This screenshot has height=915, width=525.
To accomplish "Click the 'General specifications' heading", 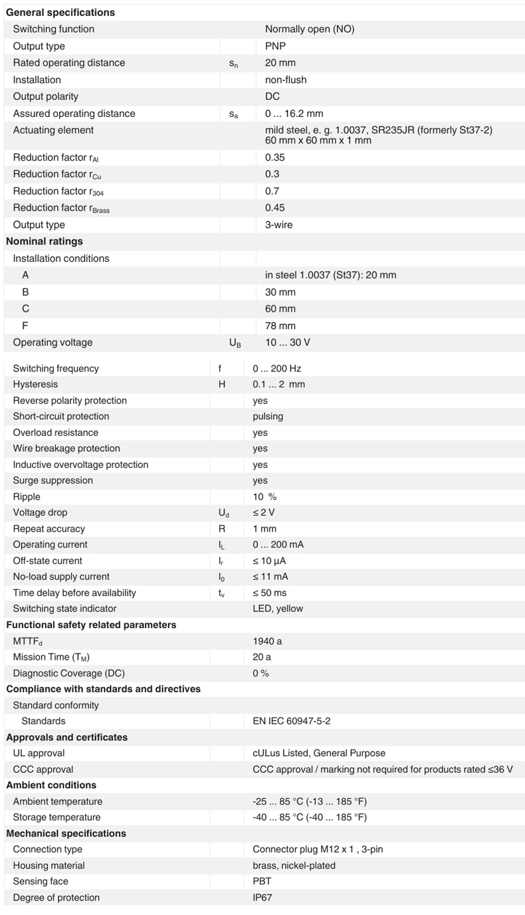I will [x=60, y=13].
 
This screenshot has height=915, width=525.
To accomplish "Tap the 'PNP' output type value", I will [x=275, y=47].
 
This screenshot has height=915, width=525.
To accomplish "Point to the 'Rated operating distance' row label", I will [x=69, y=63].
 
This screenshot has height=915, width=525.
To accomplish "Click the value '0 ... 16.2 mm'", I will [x=294, y=114].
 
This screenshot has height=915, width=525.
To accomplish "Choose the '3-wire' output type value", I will [x=278, y=225].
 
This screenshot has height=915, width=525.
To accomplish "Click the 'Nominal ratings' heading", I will [x=45, y=241].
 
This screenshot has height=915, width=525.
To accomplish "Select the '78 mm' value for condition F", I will [x=280, y=326].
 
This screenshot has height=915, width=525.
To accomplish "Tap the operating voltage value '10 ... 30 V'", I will [x=288, y=343].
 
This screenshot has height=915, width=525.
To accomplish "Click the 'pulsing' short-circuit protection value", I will [x=268, y=417].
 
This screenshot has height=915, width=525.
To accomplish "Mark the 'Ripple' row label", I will [x=27, y=496].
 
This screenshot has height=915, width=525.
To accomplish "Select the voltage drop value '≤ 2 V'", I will [x=264, y=512].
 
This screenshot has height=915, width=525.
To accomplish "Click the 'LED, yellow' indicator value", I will [x=278, y=609].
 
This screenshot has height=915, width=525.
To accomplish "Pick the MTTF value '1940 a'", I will [x=267, y=641].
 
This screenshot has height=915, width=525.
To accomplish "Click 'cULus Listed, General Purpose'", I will [x=319, y=754].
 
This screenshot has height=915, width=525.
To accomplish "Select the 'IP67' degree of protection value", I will [x=262, y=898].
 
